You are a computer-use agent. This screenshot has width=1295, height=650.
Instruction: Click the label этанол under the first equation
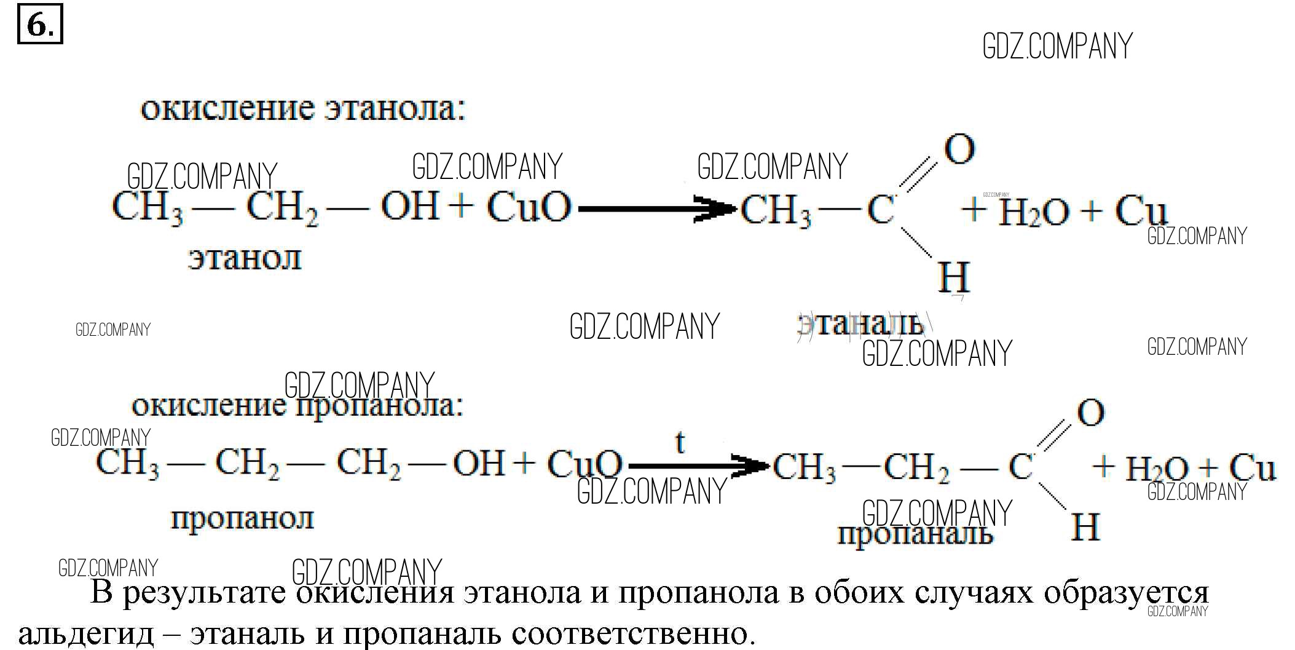(245, 258)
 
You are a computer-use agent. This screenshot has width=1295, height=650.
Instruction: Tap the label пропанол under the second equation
(242, 518)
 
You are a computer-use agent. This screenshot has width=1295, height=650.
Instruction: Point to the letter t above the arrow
(679, 442)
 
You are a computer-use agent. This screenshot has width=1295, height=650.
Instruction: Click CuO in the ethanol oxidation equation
(529, 208)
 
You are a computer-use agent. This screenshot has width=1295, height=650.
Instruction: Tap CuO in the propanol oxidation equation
(584, 464)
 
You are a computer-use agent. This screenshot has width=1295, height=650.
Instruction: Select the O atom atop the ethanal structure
(959, 149)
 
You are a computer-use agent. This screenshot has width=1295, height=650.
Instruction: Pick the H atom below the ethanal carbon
(953, 277)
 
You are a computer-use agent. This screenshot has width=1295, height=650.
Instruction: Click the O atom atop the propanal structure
(1090, 413)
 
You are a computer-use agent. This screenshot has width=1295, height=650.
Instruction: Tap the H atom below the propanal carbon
(1085, 527)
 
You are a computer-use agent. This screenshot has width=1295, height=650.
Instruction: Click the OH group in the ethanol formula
(410, 206)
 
